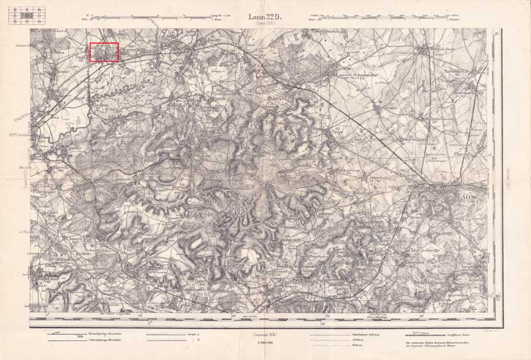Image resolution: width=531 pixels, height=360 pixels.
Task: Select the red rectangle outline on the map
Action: (x=104, y=52)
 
